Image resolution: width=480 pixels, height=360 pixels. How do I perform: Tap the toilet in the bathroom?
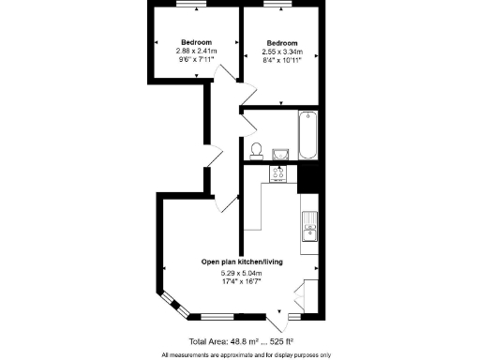click(x=256, y=150)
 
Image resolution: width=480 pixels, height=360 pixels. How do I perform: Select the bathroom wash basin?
click(x=278, y=153)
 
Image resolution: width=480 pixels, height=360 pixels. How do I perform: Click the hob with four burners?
click(x=278, y=172)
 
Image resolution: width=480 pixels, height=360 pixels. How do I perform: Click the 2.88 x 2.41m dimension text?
click(x=196, y=52)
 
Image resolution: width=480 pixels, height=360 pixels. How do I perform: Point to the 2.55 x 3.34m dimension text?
click(x=282, y=52)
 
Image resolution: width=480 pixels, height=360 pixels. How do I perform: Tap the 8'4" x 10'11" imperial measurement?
click(x=282, y=60)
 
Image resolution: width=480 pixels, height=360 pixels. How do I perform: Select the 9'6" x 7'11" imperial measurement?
click(x=196, y=60)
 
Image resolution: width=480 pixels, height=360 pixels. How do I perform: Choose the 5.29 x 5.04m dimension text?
click(x=241, y=272)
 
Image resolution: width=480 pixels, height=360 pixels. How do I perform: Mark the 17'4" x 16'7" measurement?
click(x=241, y=280)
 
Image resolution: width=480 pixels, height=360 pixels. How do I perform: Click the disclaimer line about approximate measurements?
click(x=246, y=354)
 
